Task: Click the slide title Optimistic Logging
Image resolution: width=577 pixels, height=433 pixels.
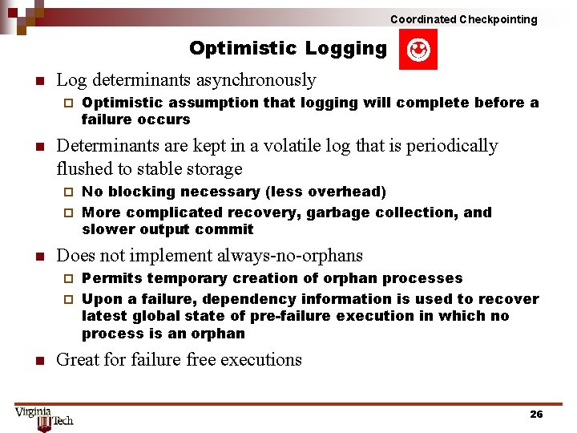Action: (288, 49)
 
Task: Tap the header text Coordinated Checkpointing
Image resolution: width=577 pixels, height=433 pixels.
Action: (463, 19)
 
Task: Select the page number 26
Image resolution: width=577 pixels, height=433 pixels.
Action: (536, 414)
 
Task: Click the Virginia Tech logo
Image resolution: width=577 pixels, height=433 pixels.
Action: (44, 417)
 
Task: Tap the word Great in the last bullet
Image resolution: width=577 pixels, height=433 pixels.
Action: (80, 359)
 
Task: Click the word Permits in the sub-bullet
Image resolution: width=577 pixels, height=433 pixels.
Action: (111, 278)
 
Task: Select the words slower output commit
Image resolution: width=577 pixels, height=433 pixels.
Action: (167, 229)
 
